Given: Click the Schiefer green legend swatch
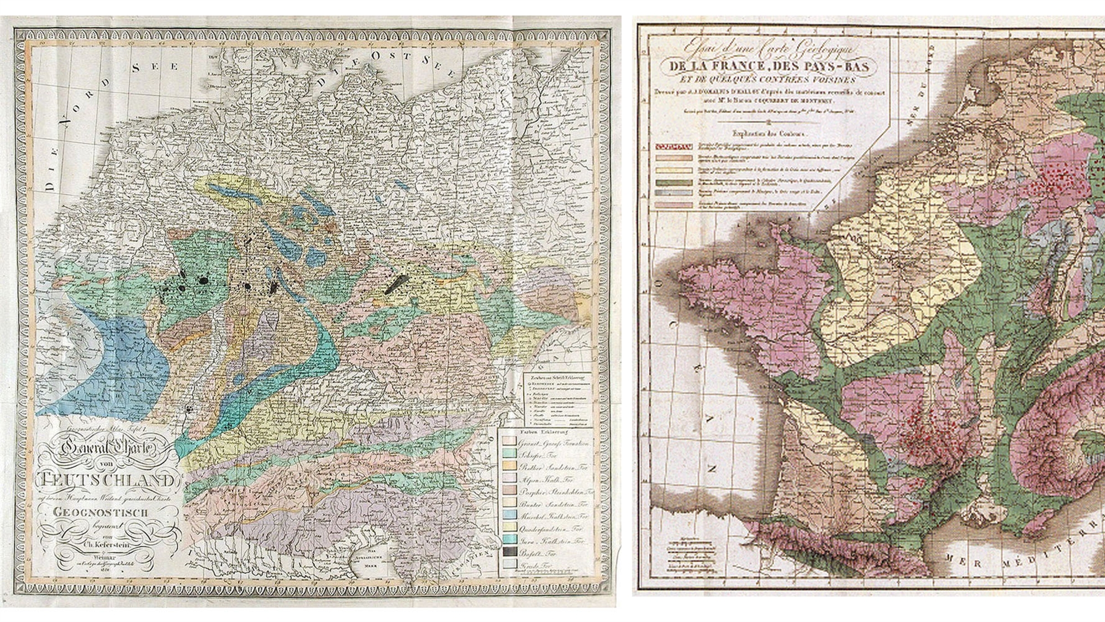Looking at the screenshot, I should (509, 453).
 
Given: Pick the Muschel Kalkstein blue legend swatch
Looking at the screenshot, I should (509, 515).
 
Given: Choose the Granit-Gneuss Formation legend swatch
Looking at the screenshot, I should (509, 442).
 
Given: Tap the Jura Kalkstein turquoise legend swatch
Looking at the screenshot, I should (509, 541).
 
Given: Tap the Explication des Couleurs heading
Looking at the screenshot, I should (768, 133).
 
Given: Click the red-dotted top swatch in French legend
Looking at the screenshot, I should (673, 147).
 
